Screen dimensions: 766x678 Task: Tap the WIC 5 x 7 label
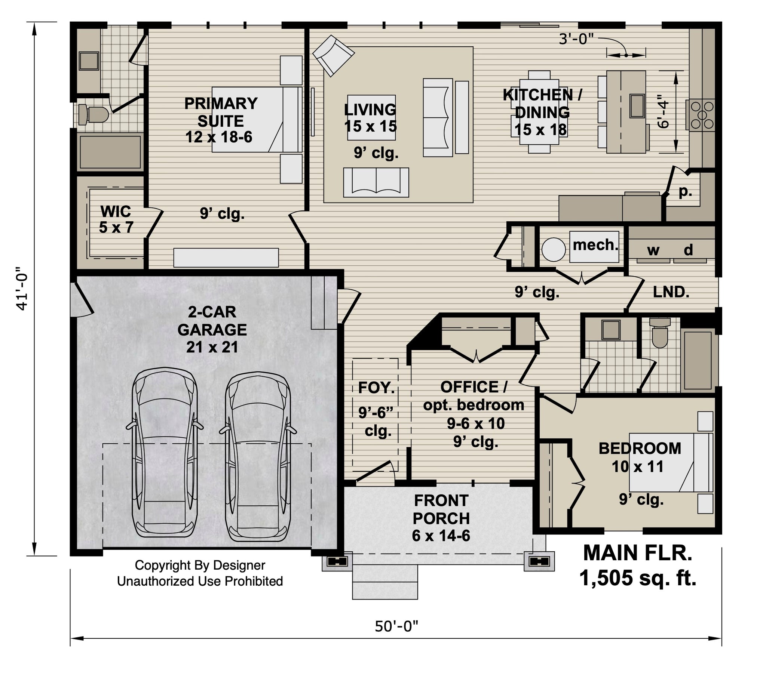click(x=116, y=219)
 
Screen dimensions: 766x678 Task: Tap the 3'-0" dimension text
click(x=576, y=39)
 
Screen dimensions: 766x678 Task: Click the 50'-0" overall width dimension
click(x=396, y=626)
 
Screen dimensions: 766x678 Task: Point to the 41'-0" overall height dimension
click(x=22, y=289)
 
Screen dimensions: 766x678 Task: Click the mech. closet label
click(x=595, y=245)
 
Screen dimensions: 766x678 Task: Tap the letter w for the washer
click(x=653, y=250)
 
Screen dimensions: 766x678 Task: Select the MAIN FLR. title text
click(x=637, y=552)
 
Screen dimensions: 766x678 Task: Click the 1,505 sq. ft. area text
click(x=638, y=577)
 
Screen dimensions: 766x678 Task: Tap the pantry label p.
click(x=686, y=192)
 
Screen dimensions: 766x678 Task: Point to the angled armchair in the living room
click(x=333, y=55)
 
